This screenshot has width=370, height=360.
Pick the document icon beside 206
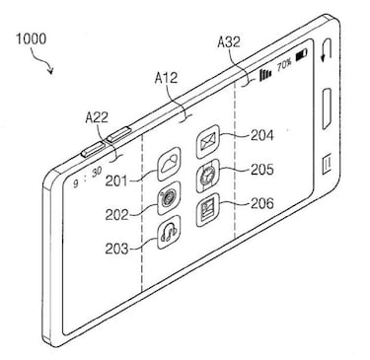pyautogui.click(x=208, y=209)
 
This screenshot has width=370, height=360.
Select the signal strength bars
pyautogui.click(x=264, y=74)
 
